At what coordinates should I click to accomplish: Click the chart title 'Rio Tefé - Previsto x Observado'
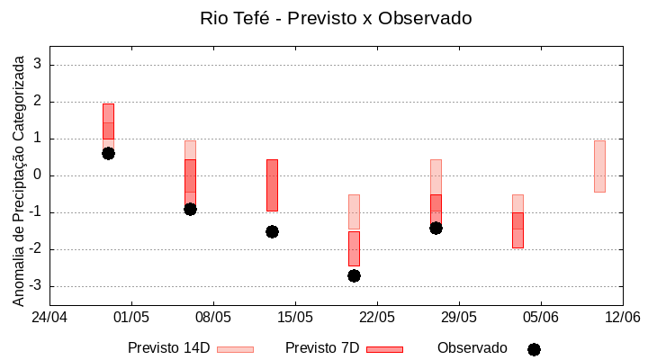click(336, 18)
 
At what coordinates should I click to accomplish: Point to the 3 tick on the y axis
click(38, 65)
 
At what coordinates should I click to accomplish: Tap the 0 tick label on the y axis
click(38, 175)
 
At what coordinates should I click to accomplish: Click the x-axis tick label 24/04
click(49, 317)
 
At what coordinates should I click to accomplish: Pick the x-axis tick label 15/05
click(294, 317)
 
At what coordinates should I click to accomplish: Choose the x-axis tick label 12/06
click(622, 317)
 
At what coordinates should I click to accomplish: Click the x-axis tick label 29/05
click(458, 317)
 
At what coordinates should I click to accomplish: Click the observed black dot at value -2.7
click(354, 275)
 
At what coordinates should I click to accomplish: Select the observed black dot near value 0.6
click(108, 153)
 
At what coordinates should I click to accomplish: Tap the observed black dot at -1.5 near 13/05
click(272, 231)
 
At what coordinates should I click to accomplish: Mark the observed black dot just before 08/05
click(190, 209)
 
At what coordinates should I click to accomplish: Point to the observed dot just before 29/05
click(436, 228)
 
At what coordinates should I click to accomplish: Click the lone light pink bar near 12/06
click(599, 166)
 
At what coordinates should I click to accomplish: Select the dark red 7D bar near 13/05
click(272, 184)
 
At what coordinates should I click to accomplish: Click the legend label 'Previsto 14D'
click(168, 348)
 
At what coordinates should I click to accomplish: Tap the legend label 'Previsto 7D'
click(322, 348)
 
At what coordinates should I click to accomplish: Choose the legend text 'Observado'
click(472, 348)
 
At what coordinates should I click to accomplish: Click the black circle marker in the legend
click(534, 349)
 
